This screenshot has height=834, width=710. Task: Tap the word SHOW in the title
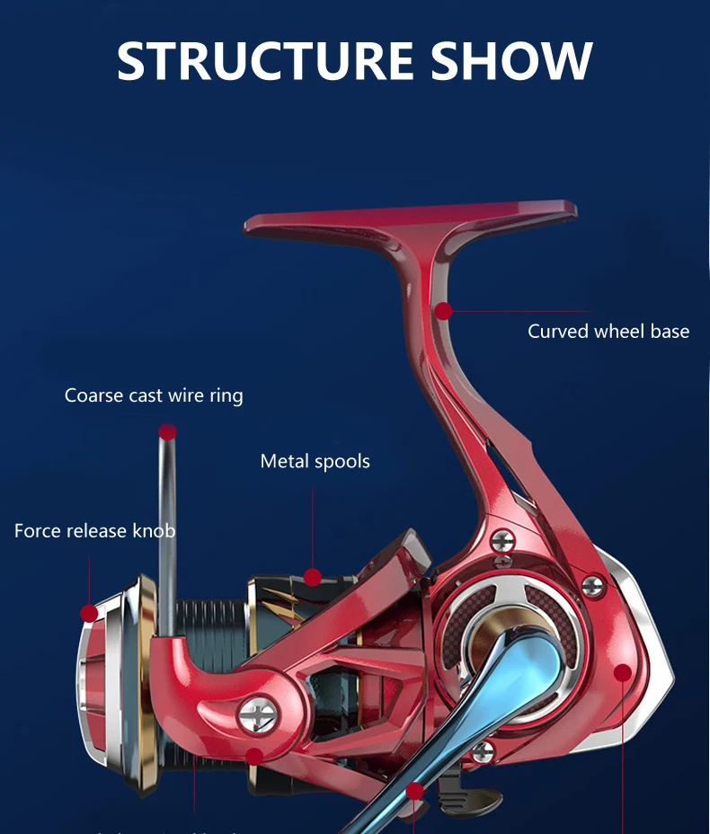[511, 59]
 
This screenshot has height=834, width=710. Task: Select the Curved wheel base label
[608, 332]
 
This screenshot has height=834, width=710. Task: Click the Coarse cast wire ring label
[154, 395]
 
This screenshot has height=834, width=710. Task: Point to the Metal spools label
[315, 462]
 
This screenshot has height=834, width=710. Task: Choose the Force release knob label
[94, 531]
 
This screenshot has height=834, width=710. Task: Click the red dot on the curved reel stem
[443, 311]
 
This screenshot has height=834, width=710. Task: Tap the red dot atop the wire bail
[167, 433]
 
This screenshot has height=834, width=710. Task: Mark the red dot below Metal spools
[313, 577]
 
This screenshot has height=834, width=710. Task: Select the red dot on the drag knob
[89, 614]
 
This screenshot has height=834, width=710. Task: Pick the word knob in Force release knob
[154, 531]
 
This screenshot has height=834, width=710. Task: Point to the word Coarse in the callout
[93, 395]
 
